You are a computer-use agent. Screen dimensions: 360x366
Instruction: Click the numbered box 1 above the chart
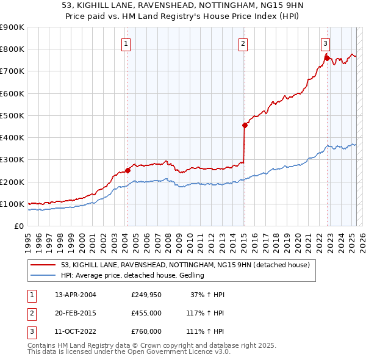(x=126, y=43)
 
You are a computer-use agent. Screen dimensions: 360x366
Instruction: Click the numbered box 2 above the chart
(x=243, y=43)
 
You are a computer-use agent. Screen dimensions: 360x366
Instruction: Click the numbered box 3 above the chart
(x=326, y=43)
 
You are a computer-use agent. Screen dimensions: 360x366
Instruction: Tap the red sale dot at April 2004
(x=127, y=170)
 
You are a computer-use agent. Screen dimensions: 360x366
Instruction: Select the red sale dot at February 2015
(x=245, y=125)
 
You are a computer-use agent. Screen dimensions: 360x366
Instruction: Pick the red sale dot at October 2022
(x=327, y=57)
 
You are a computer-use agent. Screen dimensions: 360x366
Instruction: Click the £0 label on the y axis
(x=19, y=226)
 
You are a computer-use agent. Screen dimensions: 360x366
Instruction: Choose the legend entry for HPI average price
(x=132, y=275)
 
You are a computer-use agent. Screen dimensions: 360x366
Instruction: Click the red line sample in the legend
(x=43, y=265)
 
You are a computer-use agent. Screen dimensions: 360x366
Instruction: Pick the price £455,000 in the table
(x=146, y=313)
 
